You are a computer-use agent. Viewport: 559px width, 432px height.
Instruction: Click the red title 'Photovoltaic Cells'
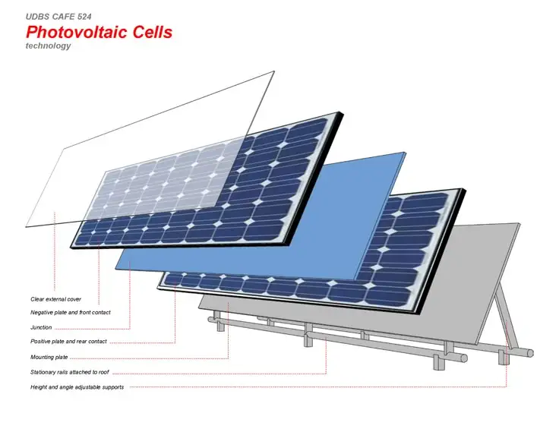[x=99, y=32]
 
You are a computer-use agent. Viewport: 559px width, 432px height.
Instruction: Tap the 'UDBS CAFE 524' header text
[x=58, y=17]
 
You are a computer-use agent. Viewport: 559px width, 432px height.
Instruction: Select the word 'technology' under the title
[x=48, y=46]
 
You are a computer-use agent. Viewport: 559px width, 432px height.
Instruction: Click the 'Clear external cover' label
[x=55, y=299]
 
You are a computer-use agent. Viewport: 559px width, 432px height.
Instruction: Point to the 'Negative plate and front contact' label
[x=70, y=312]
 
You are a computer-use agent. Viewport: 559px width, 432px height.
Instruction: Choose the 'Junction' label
[x=41, y=327]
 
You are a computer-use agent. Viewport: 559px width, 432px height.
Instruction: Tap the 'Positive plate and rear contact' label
[x=68, y=341]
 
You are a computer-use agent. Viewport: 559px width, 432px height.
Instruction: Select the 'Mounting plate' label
[x=49, y=357]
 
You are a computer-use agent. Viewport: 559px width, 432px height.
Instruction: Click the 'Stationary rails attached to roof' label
[x=70, y=372]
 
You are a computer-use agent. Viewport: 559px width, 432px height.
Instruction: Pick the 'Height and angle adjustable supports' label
[x=77, y=387]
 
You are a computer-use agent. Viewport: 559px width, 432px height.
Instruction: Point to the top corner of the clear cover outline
[x=273, y=71]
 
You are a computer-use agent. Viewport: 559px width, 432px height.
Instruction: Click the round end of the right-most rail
[x=530, y=353]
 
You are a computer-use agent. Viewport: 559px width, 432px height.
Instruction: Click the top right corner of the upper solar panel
[x=342, y=113]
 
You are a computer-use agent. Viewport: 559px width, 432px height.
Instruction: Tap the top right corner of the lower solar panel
[x=465, y=190]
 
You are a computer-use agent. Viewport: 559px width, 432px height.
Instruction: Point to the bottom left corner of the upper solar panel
[x=71, y=246]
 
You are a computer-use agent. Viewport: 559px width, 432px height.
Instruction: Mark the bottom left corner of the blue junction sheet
[x=116, y=268]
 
